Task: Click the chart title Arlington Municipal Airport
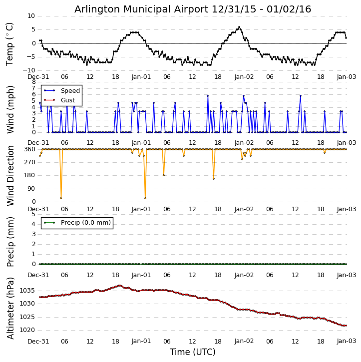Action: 193,9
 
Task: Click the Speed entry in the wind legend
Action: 70,91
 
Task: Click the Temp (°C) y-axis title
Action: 10,43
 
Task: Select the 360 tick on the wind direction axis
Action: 29,149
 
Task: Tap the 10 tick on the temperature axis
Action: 31,16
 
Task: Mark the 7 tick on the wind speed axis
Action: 33,88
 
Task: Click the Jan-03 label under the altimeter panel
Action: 347,341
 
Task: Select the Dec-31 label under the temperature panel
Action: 38,77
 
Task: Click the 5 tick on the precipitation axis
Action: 33,214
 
